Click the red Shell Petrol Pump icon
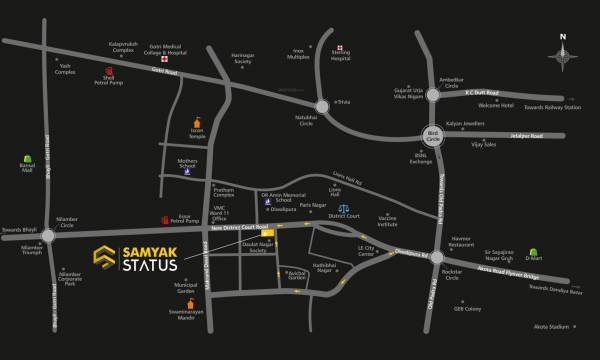point(109,72)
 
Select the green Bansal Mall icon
point(26,158)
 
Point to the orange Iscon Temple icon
point(196,125)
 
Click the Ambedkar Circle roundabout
point(434,96)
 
